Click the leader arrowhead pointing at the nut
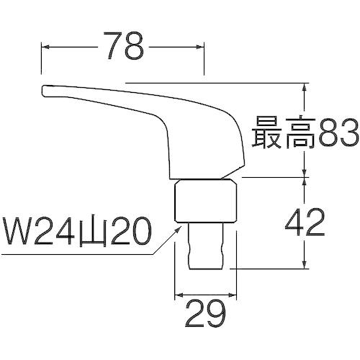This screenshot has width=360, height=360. pyautogui.click(x=179, y=228)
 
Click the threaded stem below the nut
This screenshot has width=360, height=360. pyautogui.click(x=204, y=246)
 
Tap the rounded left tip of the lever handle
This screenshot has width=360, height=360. pyautogui.click(x=44, y=91)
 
